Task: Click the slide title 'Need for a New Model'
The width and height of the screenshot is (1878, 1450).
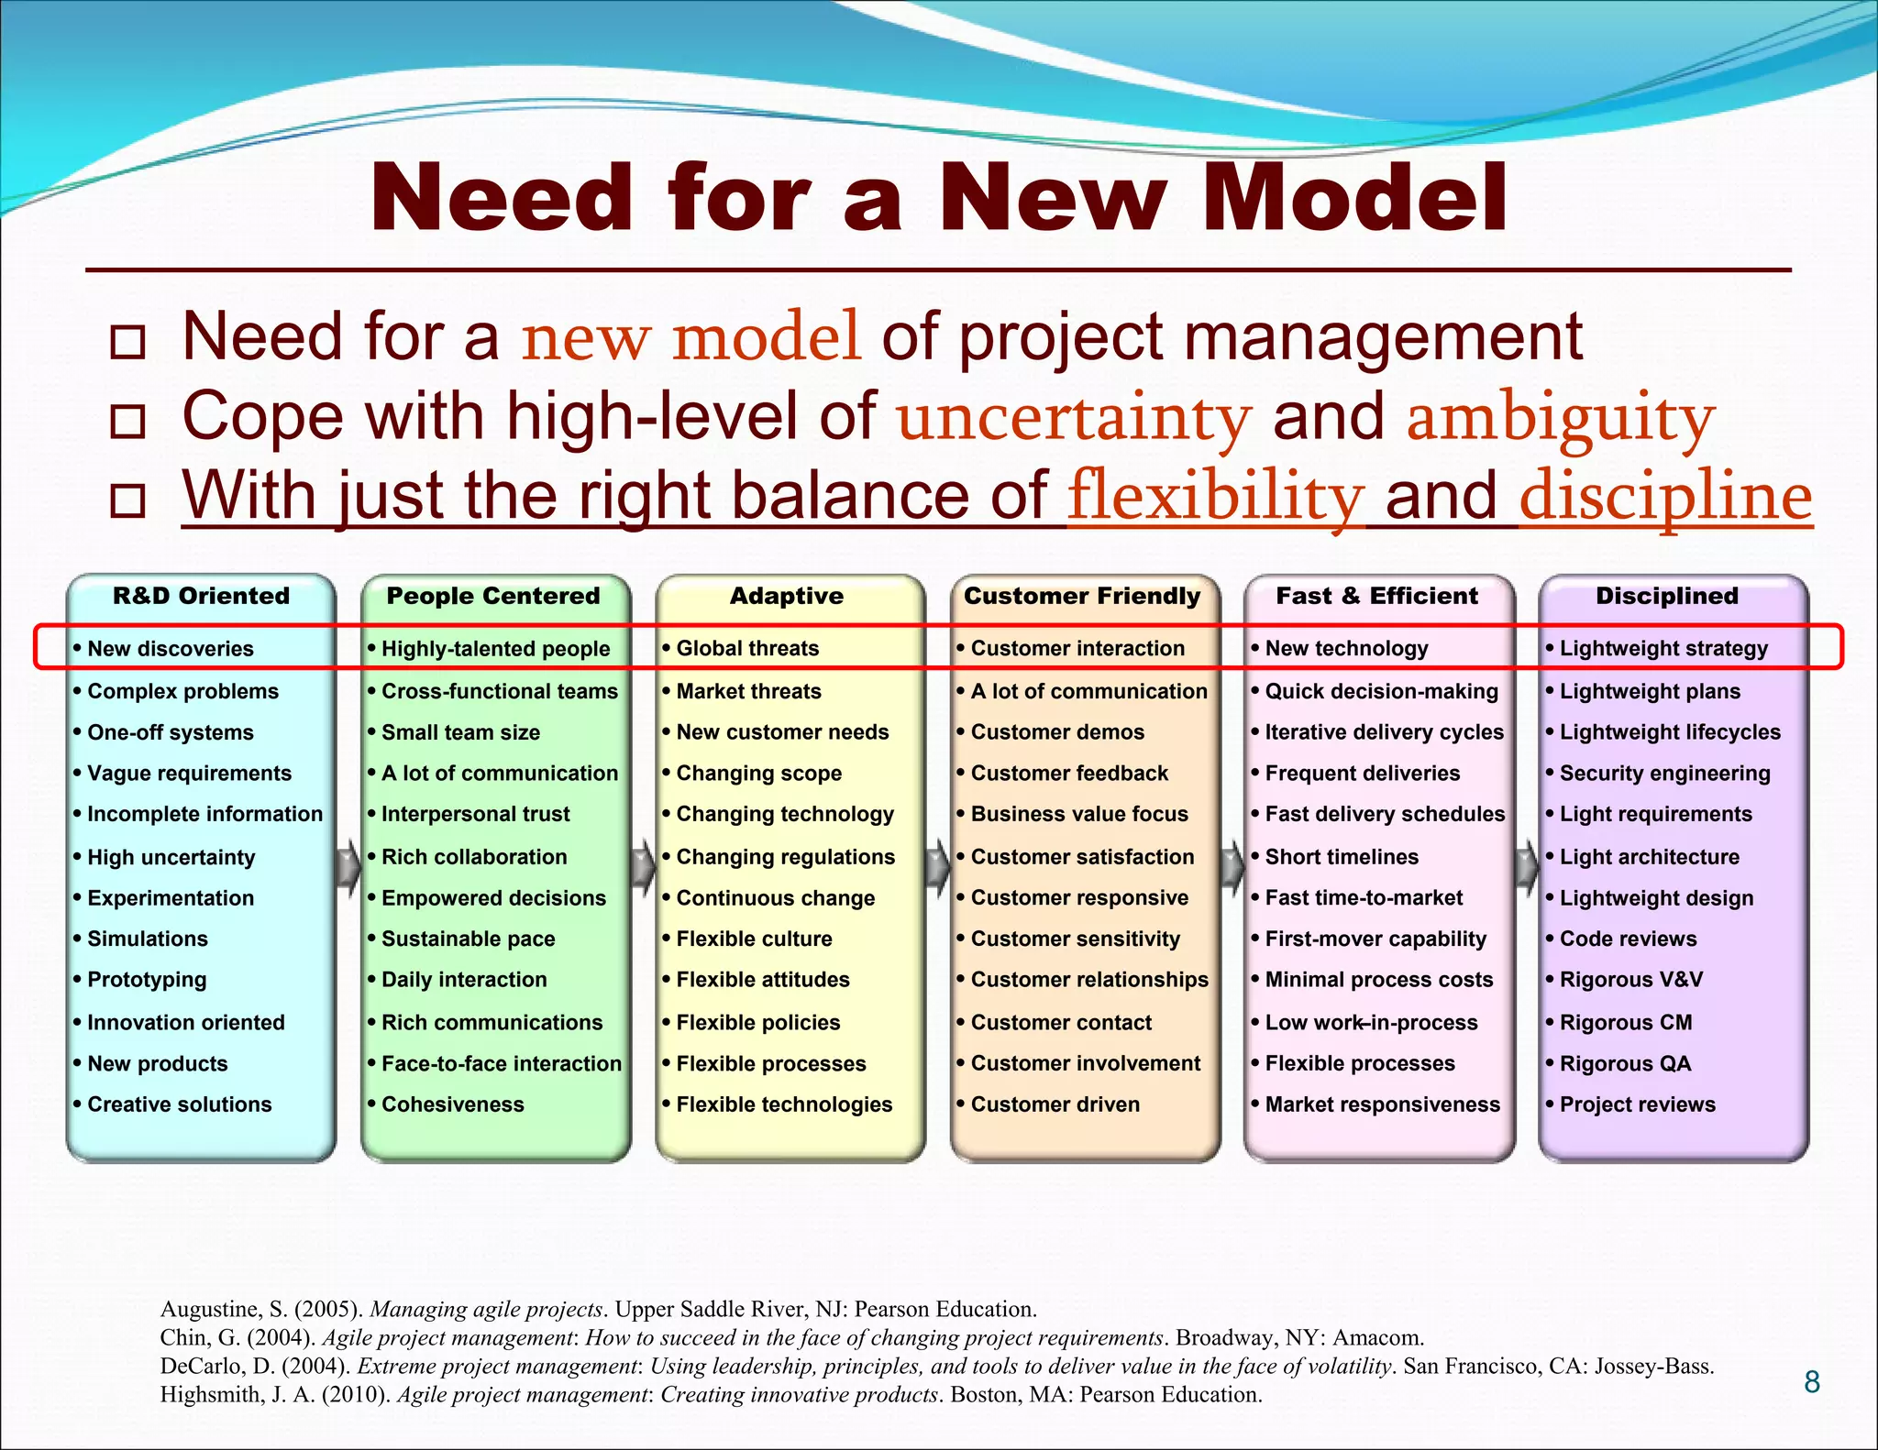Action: [x=939, y=198]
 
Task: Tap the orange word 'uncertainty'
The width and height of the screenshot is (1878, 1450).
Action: [x=1074, y=418]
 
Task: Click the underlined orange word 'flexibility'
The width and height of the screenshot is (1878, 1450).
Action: [x=1216, y=497]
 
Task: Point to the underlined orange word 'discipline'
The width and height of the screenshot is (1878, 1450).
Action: [x=1665, y=497]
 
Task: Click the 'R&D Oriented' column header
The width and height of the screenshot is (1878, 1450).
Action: [x=201, y=596]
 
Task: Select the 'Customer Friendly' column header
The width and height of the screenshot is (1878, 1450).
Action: [x=1082, y=596]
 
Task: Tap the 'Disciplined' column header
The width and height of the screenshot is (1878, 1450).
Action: [x=1666, y=596]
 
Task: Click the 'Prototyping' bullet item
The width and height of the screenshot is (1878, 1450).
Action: [x=147, y=980]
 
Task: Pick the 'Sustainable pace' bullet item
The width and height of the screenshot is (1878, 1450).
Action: [x=468, y=939]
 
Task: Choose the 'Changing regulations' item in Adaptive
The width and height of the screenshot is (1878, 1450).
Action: [x=785, y=857]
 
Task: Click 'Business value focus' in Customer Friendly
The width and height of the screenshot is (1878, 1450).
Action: [x=1079, y=814]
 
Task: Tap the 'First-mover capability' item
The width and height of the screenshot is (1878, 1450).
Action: [x=1375, y=939]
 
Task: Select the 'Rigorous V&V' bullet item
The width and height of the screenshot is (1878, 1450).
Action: [x=1630, y=980]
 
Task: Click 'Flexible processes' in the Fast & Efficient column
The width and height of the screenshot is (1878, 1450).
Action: [x=1360, y=1063]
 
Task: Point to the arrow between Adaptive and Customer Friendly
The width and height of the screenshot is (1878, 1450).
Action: [x=937, y=866]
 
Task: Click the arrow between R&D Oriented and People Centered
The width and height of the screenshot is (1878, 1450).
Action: [x=348, y=866]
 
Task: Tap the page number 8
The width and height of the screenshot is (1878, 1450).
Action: [x=1811, y=1381]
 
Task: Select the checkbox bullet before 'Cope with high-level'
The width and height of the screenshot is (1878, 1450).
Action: [x=127, y=422]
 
